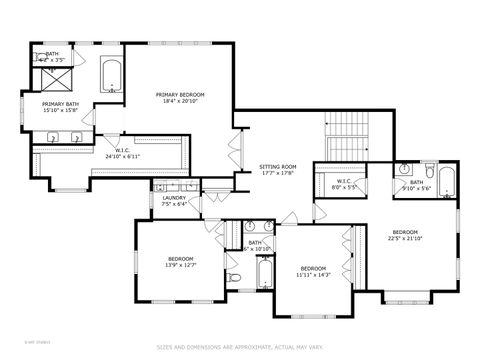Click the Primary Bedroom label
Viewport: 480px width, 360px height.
pyautogui.click(x=176, y=95)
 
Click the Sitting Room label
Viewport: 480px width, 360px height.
pyautogui.click(x=278, y=166)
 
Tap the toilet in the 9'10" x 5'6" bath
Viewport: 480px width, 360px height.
pyautogui.click(x=428, y=168)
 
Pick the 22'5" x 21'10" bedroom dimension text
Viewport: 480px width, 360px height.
pyautogui.click(x=405, y=238)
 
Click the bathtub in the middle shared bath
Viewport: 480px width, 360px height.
pyautogui.click(x=265, y=273)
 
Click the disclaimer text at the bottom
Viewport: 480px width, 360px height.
pyautogui.click(x=239, y=348)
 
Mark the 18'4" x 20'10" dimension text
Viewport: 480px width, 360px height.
pyautogui.click(x=176, y=101)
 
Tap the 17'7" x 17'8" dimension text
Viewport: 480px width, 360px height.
pyautogui.click(x=278, y=172)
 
